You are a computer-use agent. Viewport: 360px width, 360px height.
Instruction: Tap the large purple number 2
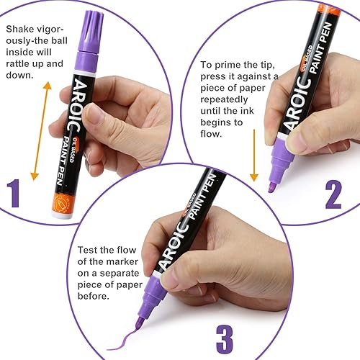(x=333, y=194)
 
